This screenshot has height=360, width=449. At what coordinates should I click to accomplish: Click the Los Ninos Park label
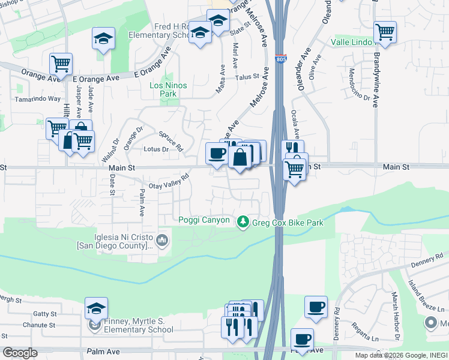168,90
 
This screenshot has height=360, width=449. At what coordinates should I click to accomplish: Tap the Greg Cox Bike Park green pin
243,223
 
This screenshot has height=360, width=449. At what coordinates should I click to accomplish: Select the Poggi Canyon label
204,220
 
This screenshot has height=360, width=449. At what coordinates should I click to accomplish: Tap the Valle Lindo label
353,43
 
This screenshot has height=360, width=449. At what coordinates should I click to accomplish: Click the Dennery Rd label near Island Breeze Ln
427,259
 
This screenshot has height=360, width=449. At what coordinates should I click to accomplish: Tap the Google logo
20,353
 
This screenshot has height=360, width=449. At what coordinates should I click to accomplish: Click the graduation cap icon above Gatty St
96,308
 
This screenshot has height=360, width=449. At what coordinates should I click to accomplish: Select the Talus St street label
247,77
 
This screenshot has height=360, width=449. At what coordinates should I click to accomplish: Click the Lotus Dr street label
155,149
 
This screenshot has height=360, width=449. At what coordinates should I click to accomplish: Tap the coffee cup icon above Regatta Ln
316,308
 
